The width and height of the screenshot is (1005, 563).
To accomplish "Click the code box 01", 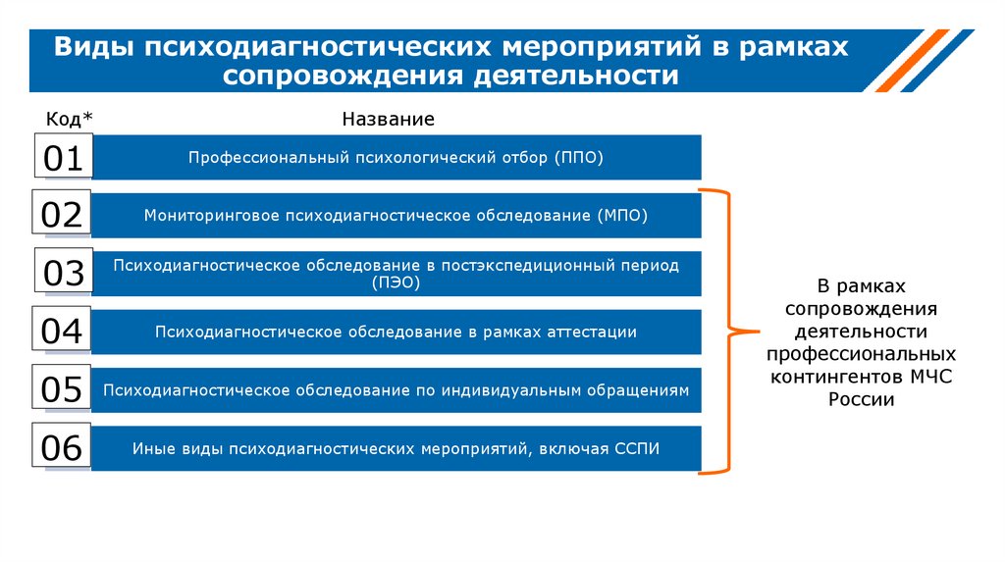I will click(63, 157).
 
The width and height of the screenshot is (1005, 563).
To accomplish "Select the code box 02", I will click(63, 214).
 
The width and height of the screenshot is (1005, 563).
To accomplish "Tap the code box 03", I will click(63, 273).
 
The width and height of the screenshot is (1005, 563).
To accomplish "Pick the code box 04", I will click(63, 332).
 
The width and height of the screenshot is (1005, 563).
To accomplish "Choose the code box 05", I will click(63, 390).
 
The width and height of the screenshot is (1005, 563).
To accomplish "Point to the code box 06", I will click(63, 448).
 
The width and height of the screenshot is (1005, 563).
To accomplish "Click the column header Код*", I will click(70, 120).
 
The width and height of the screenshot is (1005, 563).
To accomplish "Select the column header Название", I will click(388, 120).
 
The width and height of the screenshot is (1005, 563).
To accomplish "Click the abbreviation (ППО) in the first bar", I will click(578, 157).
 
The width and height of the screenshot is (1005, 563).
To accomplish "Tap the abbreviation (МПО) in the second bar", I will click(622, 215).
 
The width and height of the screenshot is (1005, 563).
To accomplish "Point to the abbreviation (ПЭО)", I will click(397, 282).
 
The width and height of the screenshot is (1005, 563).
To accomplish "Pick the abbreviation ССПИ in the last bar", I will click(637, 449).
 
